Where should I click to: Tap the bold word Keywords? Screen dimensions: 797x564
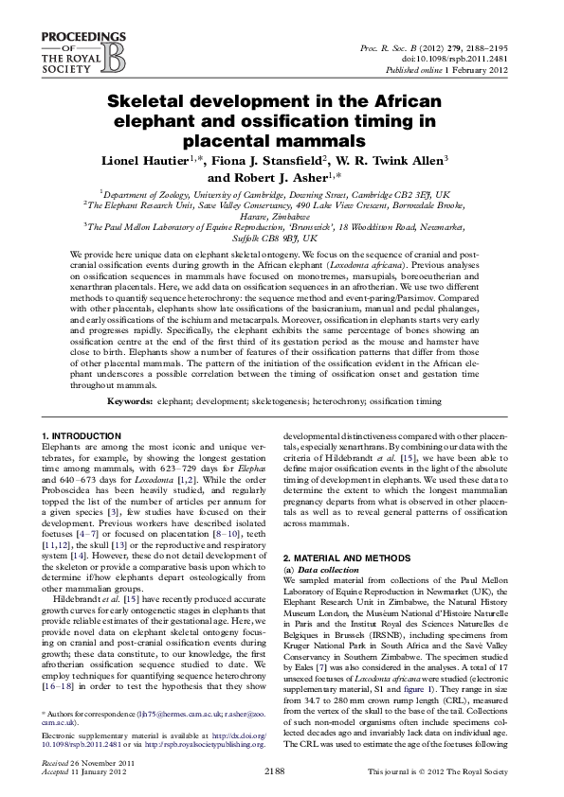click(130, 401)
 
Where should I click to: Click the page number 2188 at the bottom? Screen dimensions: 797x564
click(282, 771)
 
